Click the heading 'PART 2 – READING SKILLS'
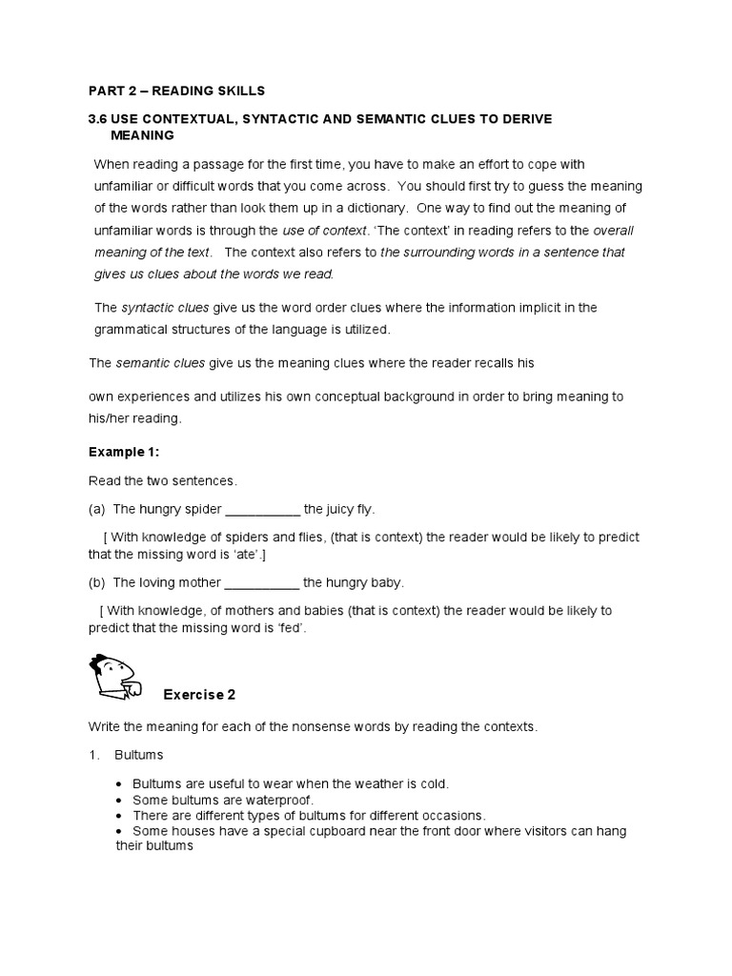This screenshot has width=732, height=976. point(176,91)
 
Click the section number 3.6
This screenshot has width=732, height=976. point(98,117)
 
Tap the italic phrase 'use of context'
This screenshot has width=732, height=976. point(325,230)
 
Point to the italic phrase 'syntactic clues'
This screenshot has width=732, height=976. point(160,307)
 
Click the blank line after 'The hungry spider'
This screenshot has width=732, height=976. point(262,509)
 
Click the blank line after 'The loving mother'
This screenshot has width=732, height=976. point(262,582)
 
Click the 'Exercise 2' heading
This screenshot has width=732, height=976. point(198,693)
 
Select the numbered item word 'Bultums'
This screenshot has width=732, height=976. point(139,755)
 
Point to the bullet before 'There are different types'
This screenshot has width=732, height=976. point(118,816)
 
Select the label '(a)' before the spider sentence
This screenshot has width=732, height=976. point(97,509)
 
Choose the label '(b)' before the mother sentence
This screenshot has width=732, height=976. point(97,582)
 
